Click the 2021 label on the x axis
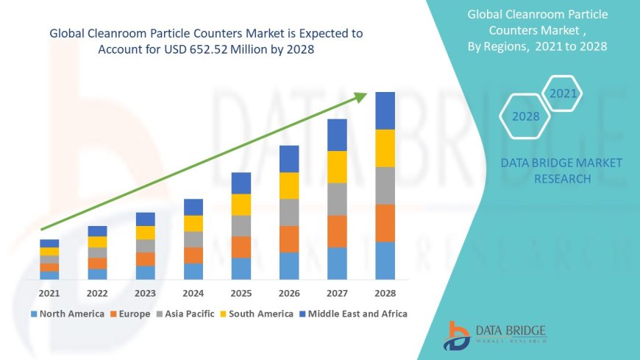[49, 293]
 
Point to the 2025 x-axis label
[241, 293]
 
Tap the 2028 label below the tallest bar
[385, 293]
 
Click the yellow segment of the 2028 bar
[385, 148]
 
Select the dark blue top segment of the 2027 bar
[337, 135]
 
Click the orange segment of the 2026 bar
[289, 239]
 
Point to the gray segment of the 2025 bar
[241, 226]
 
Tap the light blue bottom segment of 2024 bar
[193, 272]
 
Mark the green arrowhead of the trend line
[360, 96]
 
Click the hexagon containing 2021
[563, 93]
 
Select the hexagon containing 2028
[526, 116]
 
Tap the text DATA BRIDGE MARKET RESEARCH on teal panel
[561, 171]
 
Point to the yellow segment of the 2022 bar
[97, 242]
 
